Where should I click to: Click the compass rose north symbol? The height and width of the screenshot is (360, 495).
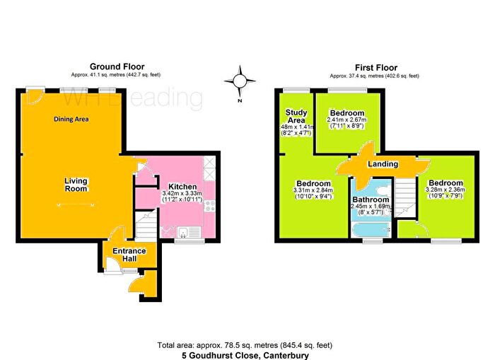click(240, 80)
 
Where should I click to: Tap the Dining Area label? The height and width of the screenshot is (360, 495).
click(71, 120)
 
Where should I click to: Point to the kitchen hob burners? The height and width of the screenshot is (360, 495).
click(210, 167)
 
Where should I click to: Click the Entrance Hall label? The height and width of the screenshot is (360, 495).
click(129, 255)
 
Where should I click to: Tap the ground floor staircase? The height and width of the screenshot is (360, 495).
click(146, 227)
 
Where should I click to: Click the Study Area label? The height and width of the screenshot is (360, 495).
click(296, 117)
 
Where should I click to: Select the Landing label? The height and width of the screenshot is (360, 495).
click(383, 164)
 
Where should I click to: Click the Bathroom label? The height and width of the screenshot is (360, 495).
click(371, 199)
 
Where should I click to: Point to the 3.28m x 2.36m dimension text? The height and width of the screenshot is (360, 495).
click(443, 192)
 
